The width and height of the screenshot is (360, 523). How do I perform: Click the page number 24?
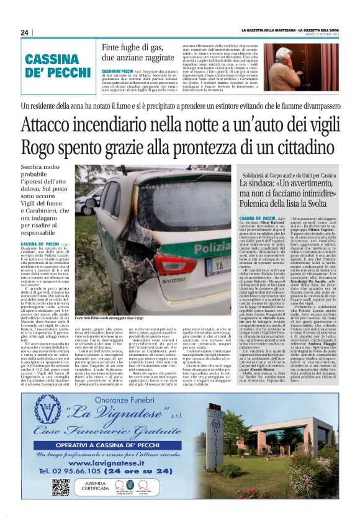click(25, 33)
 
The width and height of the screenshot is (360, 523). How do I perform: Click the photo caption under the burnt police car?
click(115, 318)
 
